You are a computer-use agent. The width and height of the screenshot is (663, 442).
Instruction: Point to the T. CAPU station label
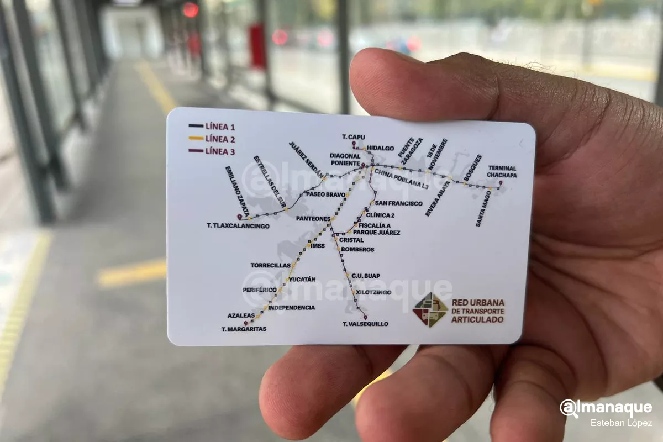coord(354,137)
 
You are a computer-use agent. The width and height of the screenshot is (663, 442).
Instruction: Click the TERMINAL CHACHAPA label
coord(502,171)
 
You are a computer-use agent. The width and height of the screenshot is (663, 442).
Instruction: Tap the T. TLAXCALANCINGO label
coord(238,226)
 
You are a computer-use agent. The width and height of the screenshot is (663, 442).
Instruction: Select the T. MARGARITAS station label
coord(244,329)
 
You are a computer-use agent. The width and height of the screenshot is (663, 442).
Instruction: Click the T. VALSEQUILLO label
coord(365,324)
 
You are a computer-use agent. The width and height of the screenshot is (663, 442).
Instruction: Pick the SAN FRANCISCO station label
coord(398,203)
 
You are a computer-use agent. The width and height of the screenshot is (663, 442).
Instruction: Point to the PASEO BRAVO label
coord(325,194)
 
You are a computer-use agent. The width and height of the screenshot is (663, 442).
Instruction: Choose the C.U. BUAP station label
coord(365,276)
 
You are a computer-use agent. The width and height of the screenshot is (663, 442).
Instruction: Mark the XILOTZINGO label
coord(373,292)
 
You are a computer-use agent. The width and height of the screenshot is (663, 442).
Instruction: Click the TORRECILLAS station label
coord(270,265)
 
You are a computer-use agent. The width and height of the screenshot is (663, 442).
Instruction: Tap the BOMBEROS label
coord(357,249)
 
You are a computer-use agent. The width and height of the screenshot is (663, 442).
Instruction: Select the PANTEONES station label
coord(313,219)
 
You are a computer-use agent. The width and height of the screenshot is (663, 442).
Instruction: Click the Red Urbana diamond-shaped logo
coord(430,309)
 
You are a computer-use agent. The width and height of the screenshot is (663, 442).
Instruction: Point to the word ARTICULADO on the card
coord(478,320)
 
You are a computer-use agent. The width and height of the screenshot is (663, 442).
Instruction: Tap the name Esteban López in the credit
coord(621,423)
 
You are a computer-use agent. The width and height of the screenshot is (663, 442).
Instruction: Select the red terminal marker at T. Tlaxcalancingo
coord(240,217)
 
